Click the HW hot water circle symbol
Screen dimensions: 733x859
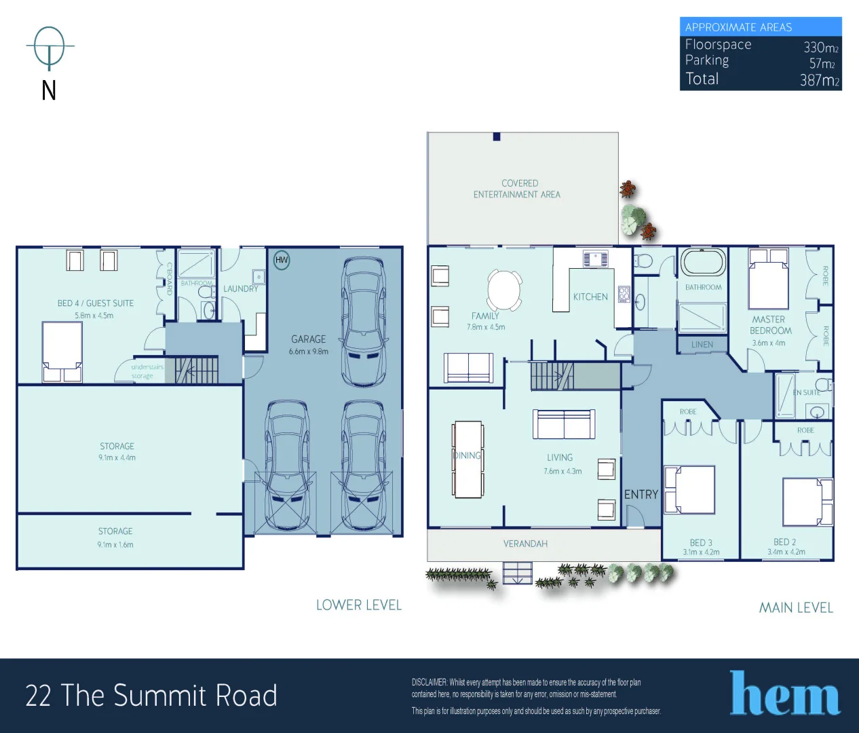pyautogui.click(x=282, y=260)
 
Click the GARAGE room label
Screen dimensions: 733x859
pyautogui.click(x=308, y=339)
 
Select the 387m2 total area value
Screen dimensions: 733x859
pyautogui.click(x=819, y=80)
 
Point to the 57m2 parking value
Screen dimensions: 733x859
pyautogui.click(x=822, y=64)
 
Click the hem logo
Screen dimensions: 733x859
pyautogui.click(x=785, y=694)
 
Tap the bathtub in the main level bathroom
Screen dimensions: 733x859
pyautogui.click(x=703, y=263)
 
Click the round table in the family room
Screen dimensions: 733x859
pyautogui.click(x=504, y=290)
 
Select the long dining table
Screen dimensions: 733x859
pyautogui.click(x=468, y=459)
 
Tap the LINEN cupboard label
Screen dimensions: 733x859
pyautogui.click(x=702, y=345)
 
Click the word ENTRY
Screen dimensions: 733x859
pyautogui.click(x=641, y=495)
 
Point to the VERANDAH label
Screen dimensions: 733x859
pyautogui.click(x=525, y=544)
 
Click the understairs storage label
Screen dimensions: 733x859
pyautogui.click(x=147, y=371)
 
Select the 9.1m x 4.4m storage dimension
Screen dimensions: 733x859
pyautogui.click(x=117, y=458)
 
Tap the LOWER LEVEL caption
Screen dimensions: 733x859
pyautogui.click(x=359, y=605)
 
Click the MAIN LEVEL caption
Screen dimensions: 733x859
pyautogui.click(x=796, y=608)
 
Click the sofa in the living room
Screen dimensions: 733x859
pyautogui.click(x=564, y=424)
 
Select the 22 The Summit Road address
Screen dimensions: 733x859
pyautogui.click(x=151, y=696)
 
